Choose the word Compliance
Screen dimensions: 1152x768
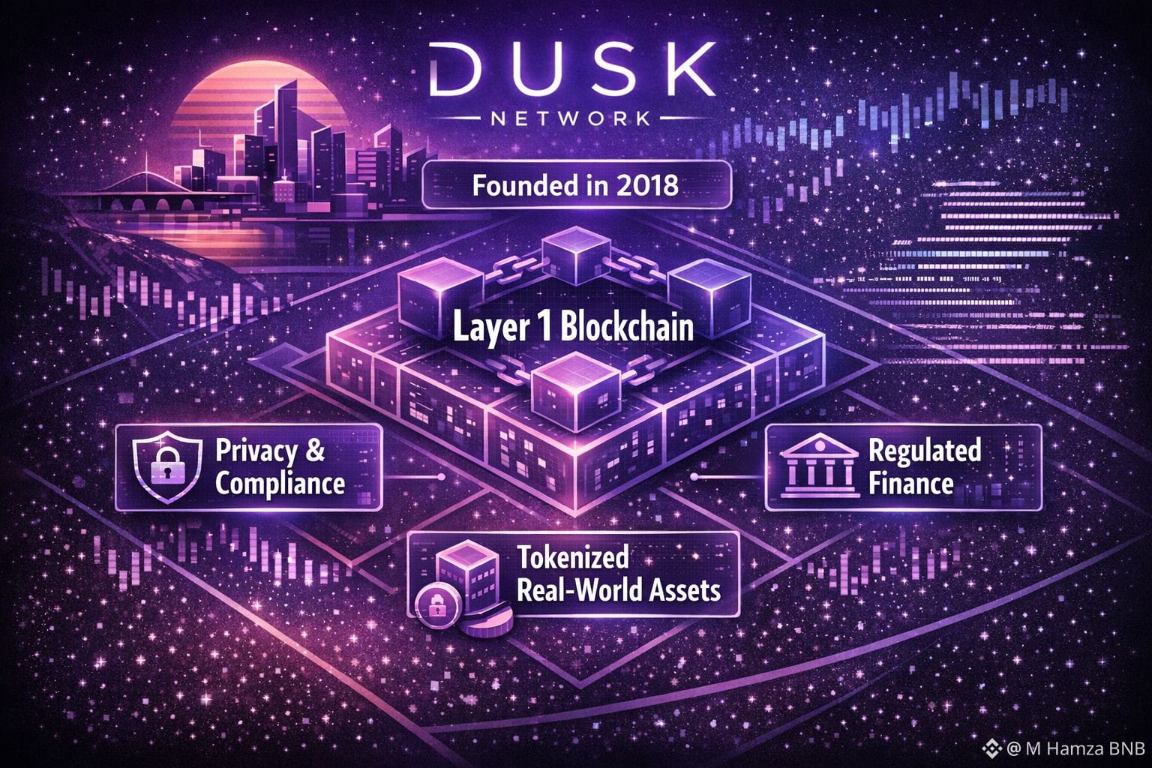(x=280, y=483)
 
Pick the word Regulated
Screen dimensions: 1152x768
(x=924, y=451)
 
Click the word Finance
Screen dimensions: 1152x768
(x=910, y=483)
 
